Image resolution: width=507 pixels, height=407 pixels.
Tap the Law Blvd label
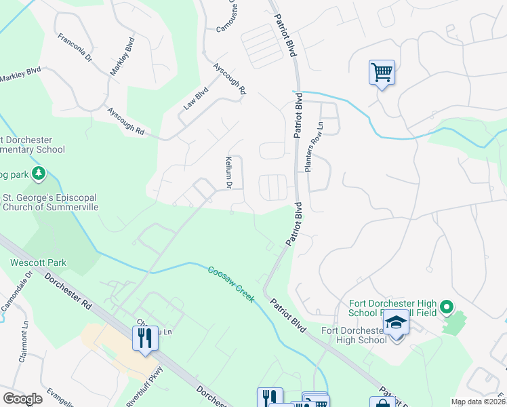click(196, 99)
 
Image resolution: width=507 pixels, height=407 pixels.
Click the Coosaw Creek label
click(231, 284)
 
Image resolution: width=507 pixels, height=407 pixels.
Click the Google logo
click(22, 399)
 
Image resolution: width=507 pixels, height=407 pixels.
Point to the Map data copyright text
click(478, 402)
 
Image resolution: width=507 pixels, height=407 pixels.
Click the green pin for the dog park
click(39, 174)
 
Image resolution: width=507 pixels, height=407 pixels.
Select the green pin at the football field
click(446, 308)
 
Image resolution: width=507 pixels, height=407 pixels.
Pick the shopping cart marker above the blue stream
click(382, 72)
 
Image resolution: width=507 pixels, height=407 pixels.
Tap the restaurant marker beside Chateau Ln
click(144, 337)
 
